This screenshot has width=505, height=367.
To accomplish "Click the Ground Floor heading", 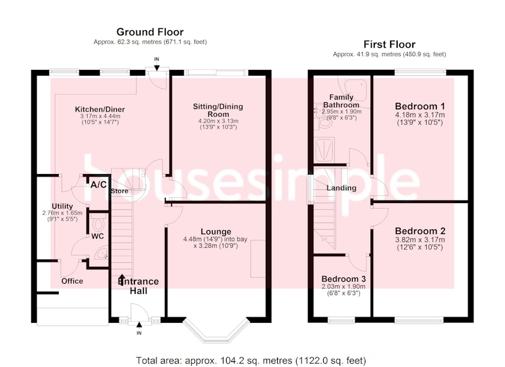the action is click(x=150, y=32).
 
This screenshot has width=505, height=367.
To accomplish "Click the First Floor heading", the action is click(x=389, y=44).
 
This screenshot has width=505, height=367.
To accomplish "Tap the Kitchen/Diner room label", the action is click(x=100, y=109).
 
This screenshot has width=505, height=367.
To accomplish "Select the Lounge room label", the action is click(x=216, y=231).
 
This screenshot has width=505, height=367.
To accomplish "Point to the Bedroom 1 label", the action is click(x=420, y=106).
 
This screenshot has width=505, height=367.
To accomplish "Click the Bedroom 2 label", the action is click(x=420, y=231).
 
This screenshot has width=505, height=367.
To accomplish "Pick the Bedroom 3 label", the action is click(x=343, y=279).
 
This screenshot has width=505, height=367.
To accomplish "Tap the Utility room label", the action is click(x=62, y=206).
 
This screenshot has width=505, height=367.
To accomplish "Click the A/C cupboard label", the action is click(x=98, y=185).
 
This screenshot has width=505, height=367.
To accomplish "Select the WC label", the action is click(x=98, y=236).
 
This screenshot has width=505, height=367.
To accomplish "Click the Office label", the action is click(x=72, y=281).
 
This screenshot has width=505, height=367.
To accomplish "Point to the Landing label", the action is click(x=342, y=188).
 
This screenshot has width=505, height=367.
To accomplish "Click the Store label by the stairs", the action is click(x=119, y=191).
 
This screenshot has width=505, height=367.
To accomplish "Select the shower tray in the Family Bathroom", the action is click(x=324, y=150).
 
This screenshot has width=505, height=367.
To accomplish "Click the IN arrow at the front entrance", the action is click(x=139, y=326).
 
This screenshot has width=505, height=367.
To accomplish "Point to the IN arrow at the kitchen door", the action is click(x=157, y=67).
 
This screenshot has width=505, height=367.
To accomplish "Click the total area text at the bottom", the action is click(x=251, y=360).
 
